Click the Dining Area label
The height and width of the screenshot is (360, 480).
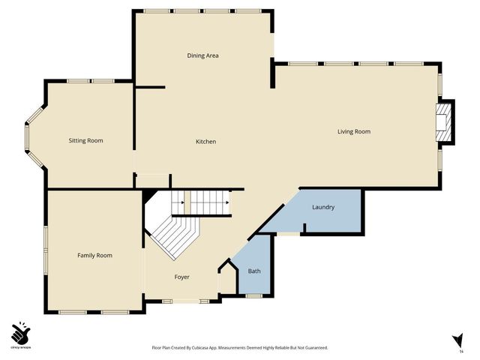point(202,55)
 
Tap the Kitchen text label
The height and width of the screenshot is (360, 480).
point(206,142)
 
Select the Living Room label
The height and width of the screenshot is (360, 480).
point(354,132)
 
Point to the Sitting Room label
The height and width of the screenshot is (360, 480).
point(85,140)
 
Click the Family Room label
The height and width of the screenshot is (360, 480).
point(94,256)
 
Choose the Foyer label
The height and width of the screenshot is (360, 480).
point(181,277)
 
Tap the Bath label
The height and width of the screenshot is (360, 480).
point(254,271)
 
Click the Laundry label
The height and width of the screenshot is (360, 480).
point(323,207)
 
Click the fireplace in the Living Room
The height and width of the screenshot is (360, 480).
point(445,122)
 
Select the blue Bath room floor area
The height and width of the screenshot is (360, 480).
point(255,281)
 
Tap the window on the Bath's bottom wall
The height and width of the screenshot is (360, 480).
point(254,296)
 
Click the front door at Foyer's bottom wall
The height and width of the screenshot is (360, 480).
point(186,301)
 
